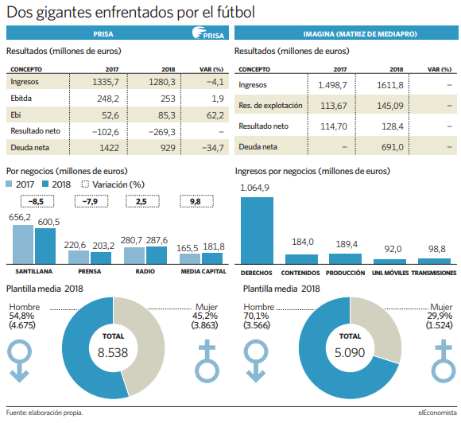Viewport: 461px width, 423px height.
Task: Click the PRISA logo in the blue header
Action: click(x=208, y=33)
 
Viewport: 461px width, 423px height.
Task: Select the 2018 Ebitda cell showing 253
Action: click(x=168, y=99)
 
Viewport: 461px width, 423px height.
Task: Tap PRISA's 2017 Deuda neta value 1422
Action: click(x=109, y=148)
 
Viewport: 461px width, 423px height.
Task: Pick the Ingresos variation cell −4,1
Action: click(x=215, y=82)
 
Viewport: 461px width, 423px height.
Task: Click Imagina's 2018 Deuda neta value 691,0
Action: click(x=392, y=147)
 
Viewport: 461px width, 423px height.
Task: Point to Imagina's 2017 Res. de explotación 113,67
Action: click(x=333, y=106)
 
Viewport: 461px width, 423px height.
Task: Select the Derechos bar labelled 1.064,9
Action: click(x=257, y=231)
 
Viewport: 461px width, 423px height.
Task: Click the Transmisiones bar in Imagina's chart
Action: click(x=434, y=262)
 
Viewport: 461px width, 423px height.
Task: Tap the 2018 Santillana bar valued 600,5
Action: click(x=45, y=246)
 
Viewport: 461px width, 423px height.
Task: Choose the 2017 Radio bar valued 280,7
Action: click(x=134, y=255)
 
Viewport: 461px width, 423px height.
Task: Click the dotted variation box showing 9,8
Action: click(x=196, y=201)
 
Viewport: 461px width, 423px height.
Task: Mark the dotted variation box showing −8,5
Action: click(x=37, y=201)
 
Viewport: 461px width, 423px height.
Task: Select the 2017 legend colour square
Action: click(x=9, y=184)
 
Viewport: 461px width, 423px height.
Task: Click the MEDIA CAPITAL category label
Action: click(x=203, y=271)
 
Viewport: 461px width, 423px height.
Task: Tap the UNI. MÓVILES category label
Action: click(x=389, y=273)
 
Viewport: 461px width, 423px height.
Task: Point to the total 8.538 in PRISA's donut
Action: click(x=113, y=352)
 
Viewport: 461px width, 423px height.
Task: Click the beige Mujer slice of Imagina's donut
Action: click(x=379, y=327)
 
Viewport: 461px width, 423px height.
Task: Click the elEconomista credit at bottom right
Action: click(x=437, y=413)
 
